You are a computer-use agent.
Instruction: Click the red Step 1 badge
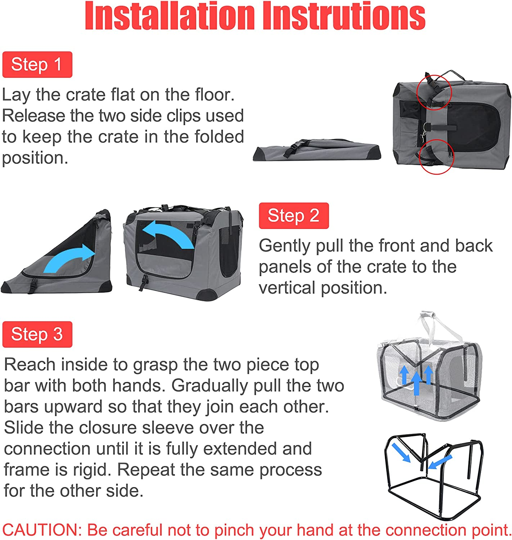(37, 65)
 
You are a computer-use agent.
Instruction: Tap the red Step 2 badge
(293, 216)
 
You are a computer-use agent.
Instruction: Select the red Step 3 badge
(37, 334)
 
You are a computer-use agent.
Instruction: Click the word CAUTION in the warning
(42, 530)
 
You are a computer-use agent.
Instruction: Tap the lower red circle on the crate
(437, 157)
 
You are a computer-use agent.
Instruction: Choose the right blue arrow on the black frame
(440, 462)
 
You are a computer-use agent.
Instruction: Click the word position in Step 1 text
(35, 158)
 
